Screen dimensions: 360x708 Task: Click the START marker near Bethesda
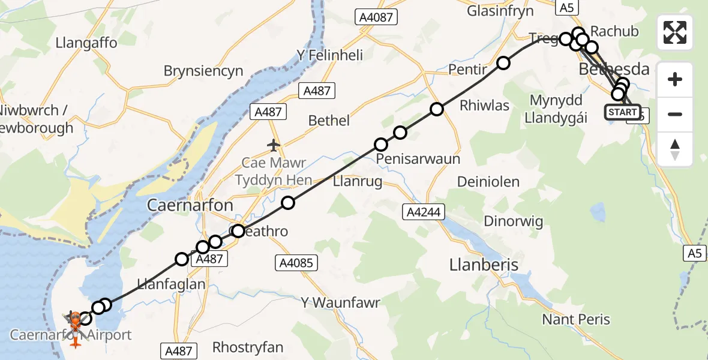point(622,112)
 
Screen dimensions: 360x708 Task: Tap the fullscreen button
point(675,32)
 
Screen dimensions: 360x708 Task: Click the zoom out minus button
point(675,114)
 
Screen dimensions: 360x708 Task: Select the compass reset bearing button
point(675,149)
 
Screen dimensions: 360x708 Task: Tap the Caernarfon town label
point(190,205)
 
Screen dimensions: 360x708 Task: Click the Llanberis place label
point(484,265)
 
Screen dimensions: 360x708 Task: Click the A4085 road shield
point(297,262)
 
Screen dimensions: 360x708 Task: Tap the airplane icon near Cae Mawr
point(274,145)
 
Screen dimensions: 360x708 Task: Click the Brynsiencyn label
point(203,71)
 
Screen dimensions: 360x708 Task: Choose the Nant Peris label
point(576,319)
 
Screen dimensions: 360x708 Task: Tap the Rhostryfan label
point(248,347)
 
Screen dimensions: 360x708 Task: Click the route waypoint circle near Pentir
point(503,63)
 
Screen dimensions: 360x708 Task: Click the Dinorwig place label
point(513,221)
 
